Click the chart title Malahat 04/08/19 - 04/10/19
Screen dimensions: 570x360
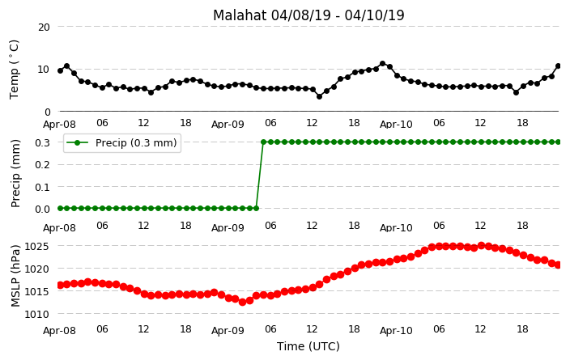tap(308, 15)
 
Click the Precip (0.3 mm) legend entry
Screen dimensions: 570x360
tap(122, 142)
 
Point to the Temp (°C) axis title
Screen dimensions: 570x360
tap(14, 69)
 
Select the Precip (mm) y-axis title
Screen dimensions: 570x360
tap(15, 173)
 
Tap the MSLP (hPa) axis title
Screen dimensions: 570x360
tap(15, 276)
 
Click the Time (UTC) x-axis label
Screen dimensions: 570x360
tap(308, 346)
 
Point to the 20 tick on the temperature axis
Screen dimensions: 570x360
tap(44, 27)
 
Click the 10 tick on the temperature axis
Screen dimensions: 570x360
tap(44, 69)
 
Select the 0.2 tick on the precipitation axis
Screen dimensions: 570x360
tap(43, 164)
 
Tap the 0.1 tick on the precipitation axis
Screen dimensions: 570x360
tap(43, 187)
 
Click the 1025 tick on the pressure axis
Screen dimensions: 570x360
tap(36, 247)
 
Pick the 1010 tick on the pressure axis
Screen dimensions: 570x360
tap(36, 314)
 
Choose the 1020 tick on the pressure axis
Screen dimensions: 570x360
tap(36, 269)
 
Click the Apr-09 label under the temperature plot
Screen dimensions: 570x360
tap(228, 125)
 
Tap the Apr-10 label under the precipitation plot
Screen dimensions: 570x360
tap(396, 228)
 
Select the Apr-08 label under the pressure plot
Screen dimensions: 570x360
tap(59, 331)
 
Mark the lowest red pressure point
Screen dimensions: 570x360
tap(242, 302)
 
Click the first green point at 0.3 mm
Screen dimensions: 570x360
tap(264, 142)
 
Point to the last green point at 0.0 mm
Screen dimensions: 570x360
tap(257, 208)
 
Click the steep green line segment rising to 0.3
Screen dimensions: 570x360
tap(260, 175)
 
